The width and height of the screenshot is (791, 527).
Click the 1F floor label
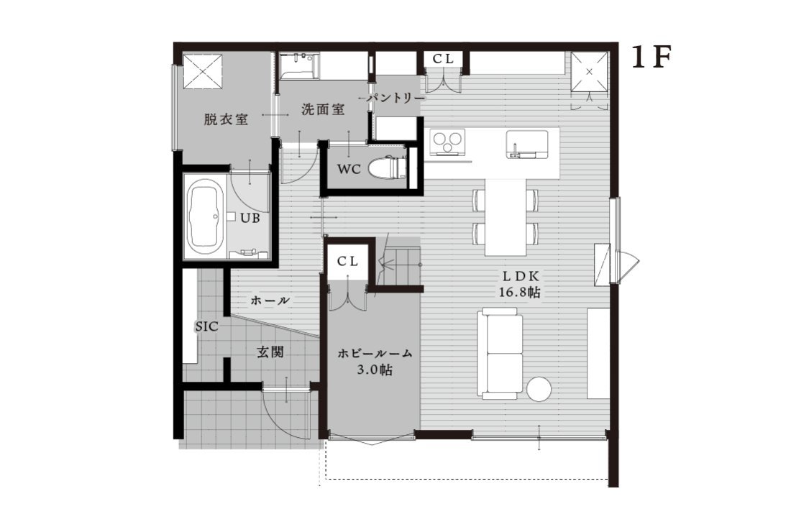(651, 58)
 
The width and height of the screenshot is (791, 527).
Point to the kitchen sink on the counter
(526, 145)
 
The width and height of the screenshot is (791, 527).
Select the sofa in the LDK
(500, 354)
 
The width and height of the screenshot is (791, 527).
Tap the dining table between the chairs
(506, 217)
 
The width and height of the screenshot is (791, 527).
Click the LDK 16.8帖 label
(520, 284)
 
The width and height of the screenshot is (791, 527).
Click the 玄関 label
(270, 352)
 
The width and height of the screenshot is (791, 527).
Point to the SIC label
(207, 326)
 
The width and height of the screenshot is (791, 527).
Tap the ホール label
(270, 301)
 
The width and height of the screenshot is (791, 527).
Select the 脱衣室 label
(226, 119)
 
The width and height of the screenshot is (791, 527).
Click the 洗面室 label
(323, 109)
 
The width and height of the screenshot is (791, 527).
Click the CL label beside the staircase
(347, 261)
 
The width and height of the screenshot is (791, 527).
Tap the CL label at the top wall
(444, 59)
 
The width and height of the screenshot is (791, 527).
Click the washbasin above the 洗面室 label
(298, 67)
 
